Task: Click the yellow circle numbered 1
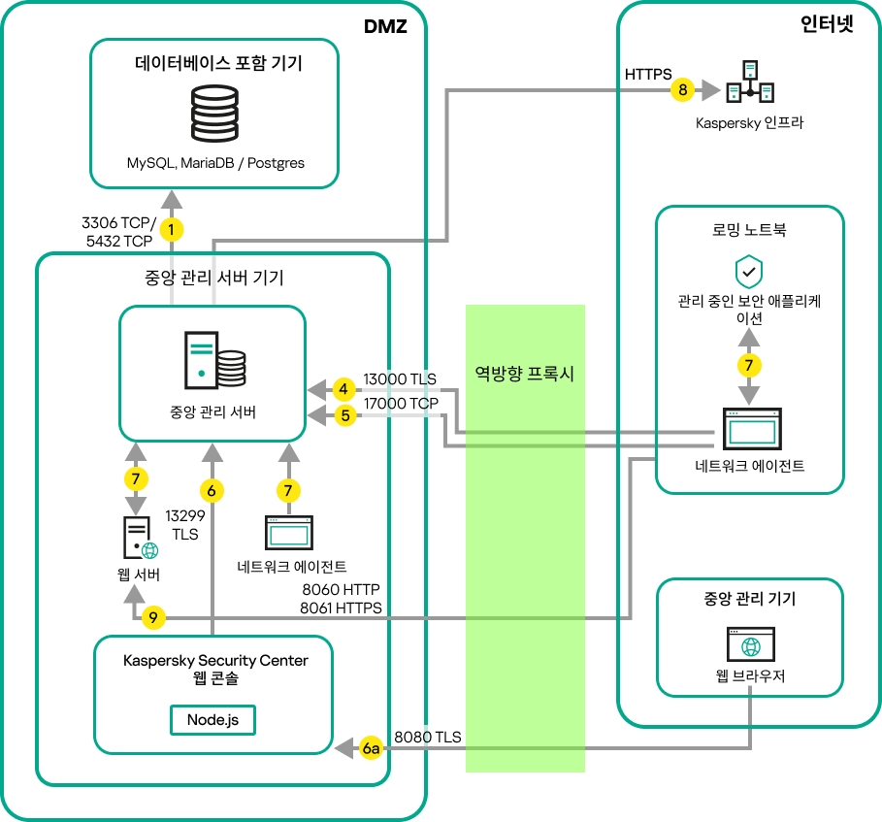[172, 230]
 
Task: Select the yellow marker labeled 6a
[371, 749]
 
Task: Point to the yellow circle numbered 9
[154, 617]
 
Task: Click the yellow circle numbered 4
[343, 390]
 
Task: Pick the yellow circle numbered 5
[343, 415]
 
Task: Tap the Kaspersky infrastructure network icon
[750, 84]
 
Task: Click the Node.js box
[213, 720]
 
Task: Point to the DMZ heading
[385, 28]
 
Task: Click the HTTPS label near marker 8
[649, 74]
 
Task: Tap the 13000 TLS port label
[400, 378]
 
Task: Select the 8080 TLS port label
[427, 738]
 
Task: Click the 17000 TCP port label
[400, 403]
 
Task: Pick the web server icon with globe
[138, 539]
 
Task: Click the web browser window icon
[749, 644]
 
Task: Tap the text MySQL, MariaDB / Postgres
[215, 162]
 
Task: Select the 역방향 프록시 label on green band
[525, 374]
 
